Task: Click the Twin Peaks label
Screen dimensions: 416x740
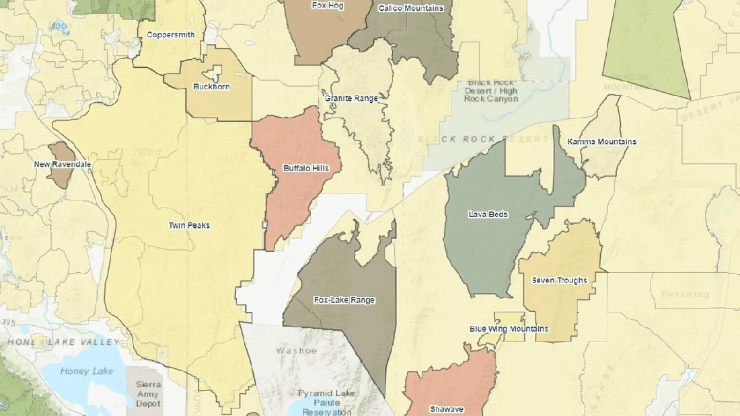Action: tap(189, 226)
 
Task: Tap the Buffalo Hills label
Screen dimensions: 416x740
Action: tap(306, 168)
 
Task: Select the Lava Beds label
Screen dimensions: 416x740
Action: tap(488, 215)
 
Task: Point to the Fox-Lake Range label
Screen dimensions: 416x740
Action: tap(344, 300)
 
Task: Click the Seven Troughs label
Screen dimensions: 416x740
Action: tap(559, 280)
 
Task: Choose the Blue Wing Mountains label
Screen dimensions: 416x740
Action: tap(509, 329)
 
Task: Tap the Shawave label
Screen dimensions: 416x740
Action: tap(447, 409)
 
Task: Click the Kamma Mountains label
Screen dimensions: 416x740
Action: tap(601, 142)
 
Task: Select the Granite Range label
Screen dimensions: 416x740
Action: tap(351, 98)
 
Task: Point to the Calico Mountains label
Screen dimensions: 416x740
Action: tap(411, 9)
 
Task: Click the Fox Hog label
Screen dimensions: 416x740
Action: tap(328, 5)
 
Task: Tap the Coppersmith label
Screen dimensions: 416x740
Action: tap(171, 34)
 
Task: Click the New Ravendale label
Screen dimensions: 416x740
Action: tap(63, 165)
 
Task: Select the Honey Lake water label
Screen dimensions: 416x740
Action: tap(83, 371)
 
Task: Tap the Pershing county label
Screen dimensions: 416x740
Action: tap(685, 294)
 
